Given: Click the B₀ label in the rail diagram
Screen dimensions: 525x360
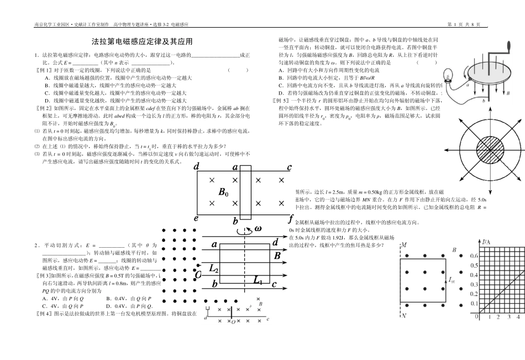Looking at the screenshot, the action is point(224,177).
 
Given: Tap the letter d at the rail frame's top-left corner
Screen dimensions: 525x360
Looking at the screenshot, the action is point(197,151).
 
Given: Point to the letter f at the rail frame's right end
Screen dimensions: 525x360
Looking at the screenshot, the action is point(290,203).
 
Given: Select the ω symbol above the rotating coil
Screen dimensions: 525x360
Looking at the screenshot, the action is point(258,229).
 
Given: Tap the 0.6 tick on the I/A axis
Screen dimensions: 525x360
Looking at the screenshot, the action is point(474,256).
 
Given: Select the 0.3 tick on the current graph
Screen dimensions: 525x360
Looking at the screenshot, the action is point(474,284).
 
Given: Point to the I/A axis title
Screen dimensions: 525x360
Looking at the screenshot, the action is point(486,242).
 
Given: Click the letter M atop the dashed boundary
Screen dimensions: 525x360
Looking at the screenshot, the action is point(404,244).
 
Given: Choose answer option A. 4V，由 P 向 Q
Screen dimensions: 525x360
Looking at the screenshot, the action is point(62,298).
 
